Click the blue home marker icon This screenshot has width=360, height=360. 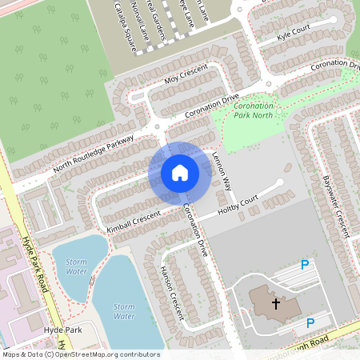point(179,172)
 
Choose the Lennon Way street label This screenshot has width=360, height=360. point(221,172)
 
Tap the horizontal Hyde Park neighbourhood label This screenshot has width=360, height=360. point(63,330)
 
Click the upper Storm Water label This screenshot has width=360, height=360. point(76,266)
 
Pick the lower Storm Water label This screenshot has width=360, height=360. point(124,310)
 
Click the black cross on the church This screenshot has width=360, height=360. point(276,303)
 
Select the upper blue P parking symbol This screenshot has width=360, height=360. point(304,265)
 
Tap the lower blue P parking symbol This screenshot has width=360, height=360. point(310,322)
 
